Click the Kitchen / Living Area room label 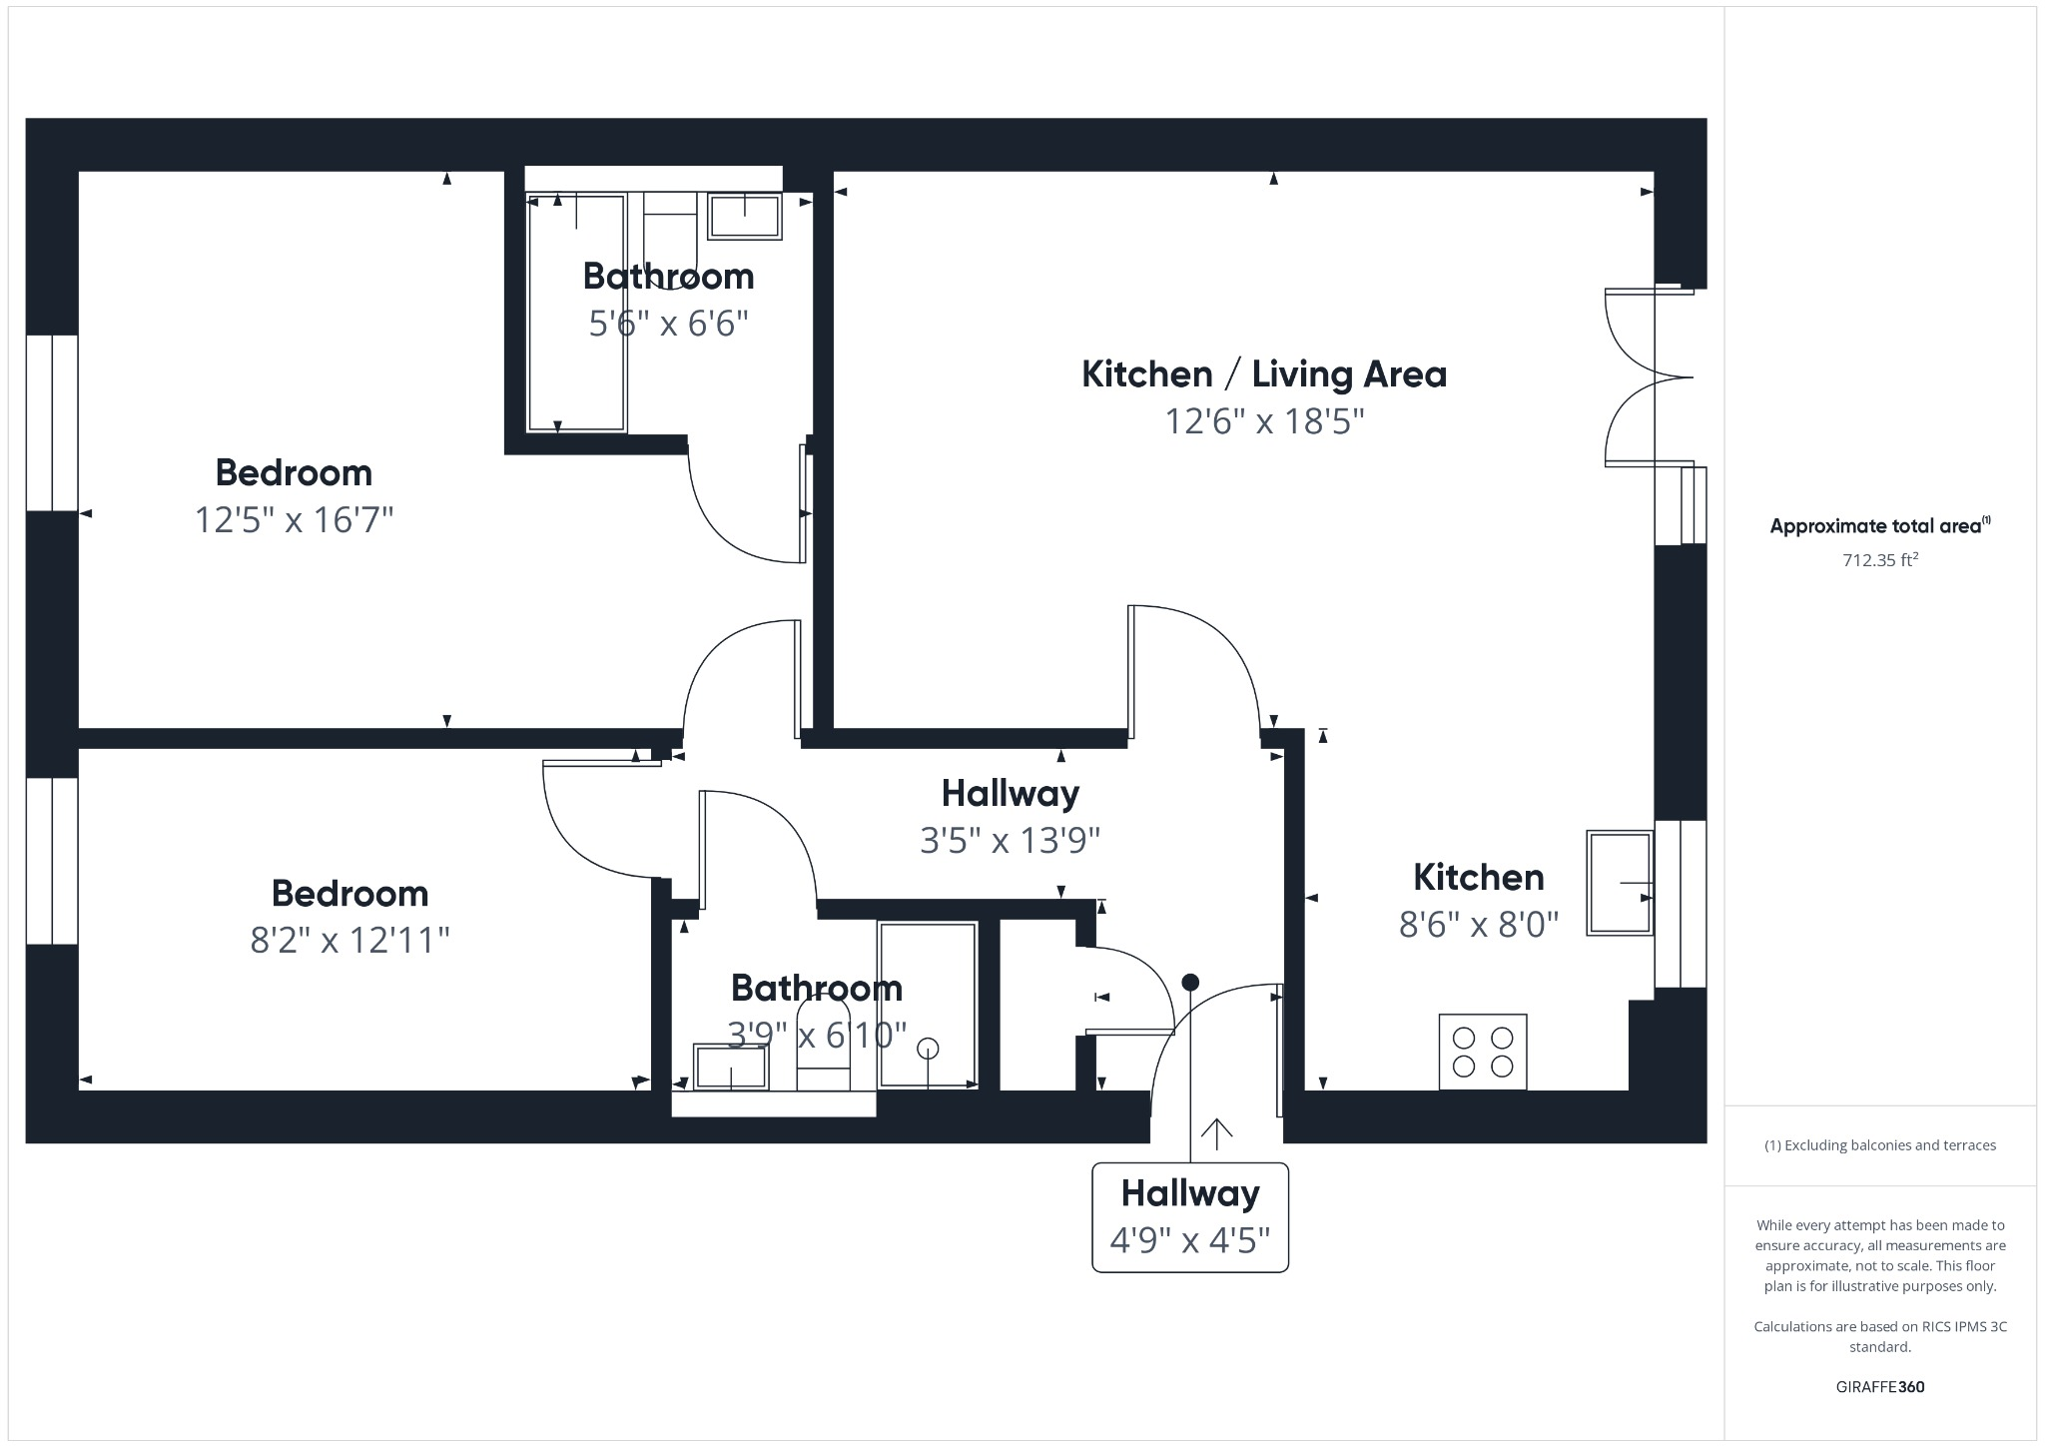coord(1263,374)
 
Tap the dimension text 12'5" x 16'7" coord(294,519)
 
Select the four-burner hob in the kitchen coord(1482,1052)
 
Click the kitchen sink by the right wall coord(1619,883)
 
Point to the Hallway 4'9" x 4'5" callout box coord(1189,1217)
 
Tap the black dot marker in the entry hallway coord(1189,983)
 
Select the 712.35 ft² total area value coord(1879,560)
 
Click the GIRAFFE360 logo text coord(1879,1387)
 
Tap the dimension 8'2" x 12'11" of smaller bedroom coord(349,940)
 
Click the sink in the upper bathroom coord(744,217)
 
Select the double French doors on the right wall coord(1648,377)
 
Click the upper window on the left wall coord(52,423)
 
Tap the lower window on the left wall coord(52,860)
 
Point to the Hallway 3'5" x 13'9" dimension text coord(1010,841)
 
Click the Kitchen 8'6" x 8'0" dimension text coord(1478,925)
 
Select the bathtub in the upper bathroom coord(576,314)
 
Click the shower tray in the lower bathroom coord(927,1005)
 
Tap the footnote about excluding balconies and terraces coord(1879,1145)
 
